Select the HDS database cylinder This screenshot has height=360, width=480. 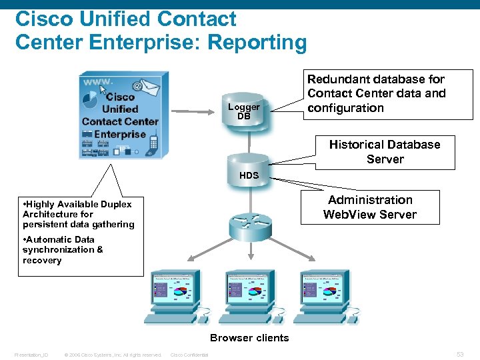pyautogui.click(x=248, y=169)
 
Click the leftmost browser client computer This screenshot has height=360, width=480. pyautogui.click(x=175, y=297)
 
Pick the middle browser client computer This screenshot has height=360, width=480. pyautogui.click(x=250, y=297)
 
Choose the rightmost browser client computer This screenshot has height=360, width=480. pyautogui.click(x=325, y=297)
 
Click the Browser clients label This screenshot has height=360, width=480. pyautogui.click(x=249, y=338)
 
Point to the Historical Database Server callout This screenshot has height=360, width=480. pyautogui.click(x=385, y=152)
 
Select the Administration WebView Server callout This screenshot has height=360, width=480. pyautogui.click(x=370, y=207)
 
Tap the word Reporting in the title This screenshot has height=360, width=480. pyautogui.click(x=257, y=43)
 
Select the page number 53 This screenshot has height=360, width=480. pyautogui.click(x=460, y=354)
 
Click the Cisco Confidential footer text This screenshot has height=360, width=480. pyautogui.click(x=189, y=355)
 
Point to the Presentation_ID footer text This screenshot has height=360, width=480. pyautogui.click(x=31, y=355)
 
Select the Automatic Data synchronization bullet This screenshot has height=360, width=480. pyautogui.click(x=63, y=250)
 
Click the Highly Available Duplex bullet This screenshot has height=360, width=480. pyautogui.click(x=77, y=214)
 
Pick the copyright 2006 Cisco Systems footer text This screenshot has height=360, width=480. pyautogui.click(x=113, y=355)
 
